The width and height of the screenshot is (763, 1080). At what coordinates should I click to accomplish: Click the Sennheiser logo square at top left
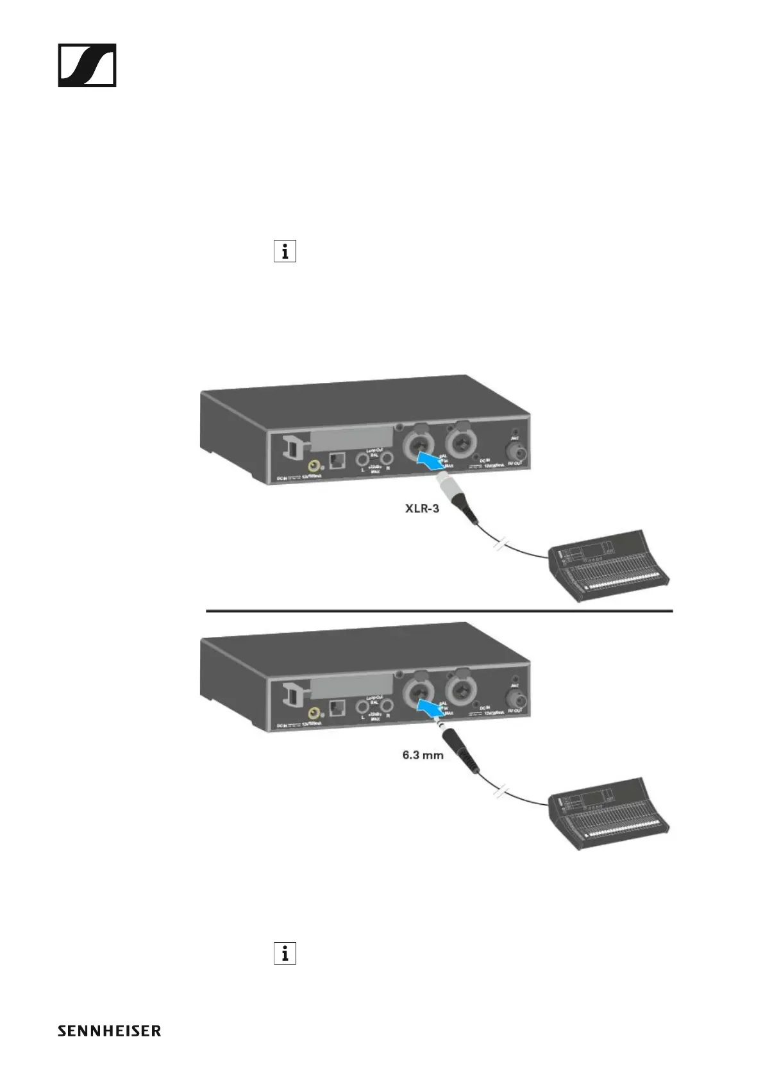[x=87, y=65]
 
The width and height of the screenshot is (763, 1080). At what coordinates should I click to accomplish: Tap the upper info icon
[x=285, y=251]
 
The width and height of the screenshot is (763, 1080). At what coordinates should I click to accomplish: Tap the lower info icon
[x=285, y=954]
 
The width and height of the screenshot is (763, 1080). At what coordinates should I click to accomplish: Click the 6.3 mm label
[x=423, y=755]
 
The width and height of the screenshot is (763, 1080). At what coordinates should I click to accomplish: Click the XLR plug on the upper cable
[x=453, y=497]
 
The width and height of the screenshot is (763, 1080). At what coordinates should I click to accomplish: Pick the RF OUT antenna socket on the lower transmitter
[x=515, y=697]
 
